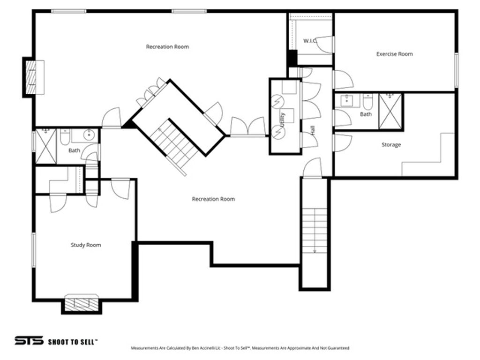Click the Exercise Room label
(394, 54)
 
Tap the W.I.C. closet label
(310, 41)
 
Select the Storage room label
(391, 145)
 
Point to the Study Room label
(86, 245)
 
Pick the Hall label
(313, 129)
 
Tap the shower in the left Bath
(46, 146)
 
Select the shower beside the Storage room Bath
(390, 111)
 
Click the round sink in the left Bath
(89, 136)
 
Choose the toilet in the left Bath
(65, 137)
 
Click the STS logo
(29, 341)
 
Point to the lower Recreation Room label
(213, 199)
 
